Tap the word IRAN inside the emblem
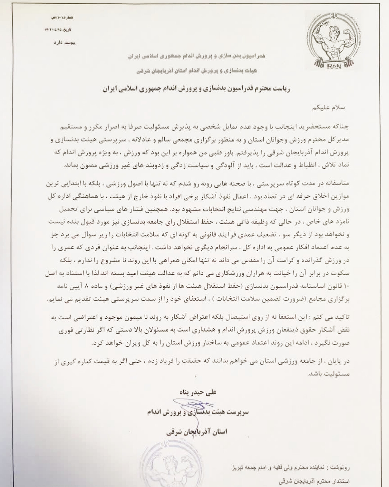[334, 66]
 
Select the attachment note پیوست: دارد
[65, 43]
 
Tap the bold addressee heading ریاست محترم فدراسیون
[196, 89]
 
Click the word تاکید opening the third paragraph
[342, 317]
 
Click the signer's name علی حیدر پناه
[198, 392]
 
